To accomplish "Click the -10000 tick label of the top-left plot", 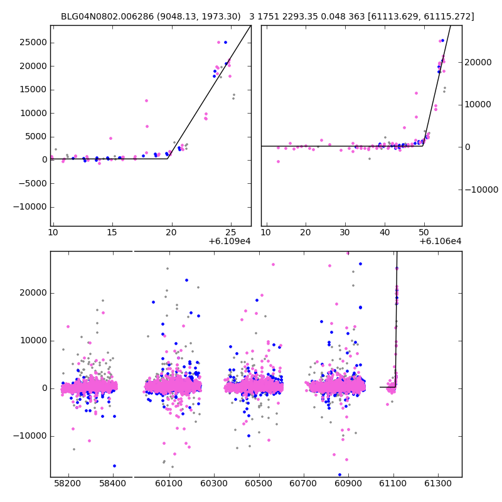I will tap(29, 207).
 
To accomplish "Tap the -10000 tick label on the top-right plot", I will tap(480, 190).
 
